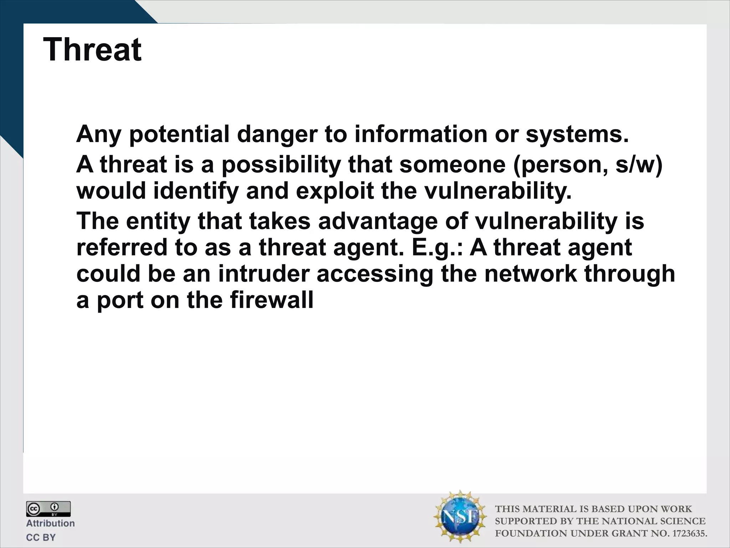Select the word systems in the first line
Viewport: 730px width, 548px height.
[577, 134]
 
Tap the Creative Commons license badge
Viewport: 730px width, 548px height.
[48, 509]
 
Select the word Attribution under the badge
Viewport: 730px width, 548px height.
[50, 523]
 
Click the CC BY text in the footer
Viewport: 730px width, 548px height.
[41, 537]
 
